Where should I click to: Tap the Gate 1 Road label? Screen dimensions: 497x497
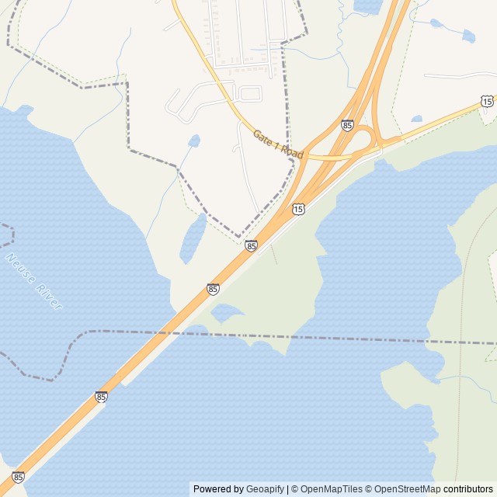278,144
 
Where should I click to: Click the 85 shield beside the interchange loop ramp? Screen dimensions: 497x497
347,125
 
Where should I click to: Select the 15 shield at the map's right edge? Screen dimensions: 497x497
487,101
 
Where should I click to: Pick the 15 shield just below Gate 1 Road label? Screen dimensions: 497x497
298,209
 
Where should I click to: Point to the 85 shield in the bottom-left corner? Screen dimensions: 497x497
18,477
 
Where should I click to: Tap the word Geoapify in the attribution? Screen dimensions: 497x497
266,489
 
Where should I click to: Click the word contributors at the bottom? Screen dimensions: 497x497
468,489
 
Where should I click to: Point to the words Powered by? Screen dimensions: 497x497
218,489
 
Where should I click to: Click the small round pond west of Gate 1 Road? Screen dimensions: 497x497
194,141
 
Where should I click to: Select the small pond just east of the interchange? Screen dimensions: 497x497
417,119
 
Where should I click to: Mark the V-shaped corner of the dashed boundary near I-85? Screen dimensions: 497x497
238,236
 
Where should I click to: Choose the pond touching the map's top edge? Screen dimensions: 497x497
370,5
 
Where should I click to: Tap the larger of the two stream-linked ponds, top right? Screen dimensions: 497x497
467,35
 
